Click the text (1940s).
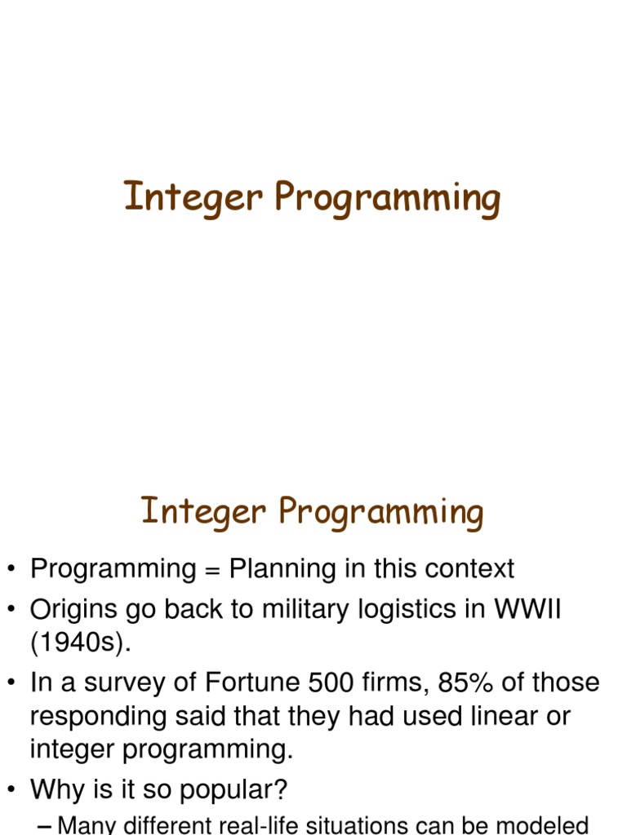click(x=80, y=643)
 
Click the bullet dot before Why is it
click(x=11, y=789)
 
